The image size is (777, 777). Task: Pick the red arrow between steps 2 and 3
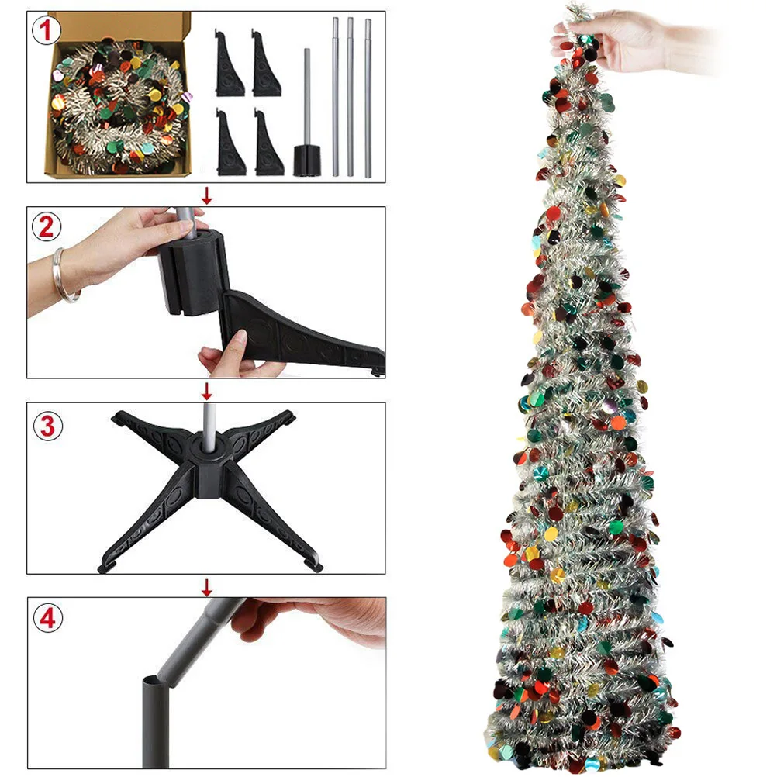[x=206, y=390]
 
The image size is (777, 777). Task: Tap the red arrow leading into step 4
[x=206, y=585]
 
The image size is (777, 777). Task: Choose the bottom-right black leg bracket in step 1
[x=268, y=143]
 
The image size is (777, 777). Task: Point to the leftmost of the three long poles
[x=336, y=97]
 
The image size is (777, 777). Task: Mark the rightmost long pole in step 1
[x=368, y=97]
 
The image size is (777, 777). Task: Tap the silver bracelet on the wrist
[x=65, y=275]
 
